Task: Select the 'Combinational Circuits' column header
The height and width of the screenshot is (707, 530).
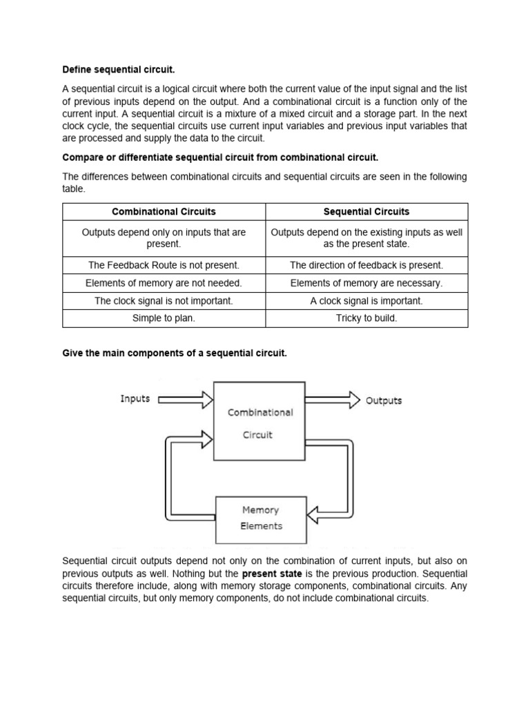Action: click(x=164, y=211)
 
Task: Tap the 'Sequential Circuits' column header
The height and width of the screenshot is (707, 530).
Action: click(x=366, y=211)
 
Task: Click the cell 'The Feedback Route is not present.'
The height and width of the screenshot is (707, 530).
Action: click(x=164, y=265)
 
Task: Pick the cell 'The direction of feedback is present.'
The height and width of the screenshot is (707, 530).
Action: click(x=366, y=265)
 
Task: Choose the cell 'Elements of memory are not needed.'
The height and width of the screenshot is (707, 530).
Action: click(x=164, y=283)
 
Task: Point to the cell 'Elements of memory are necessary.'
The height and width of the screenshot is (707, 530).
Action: click(x=366, y=283)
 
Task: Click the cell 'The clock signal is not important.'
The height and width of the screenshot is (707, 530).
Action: click(x=164, y=301)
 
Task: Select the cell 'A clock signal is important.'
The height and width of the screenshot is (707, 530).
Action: click(x=366, y=301)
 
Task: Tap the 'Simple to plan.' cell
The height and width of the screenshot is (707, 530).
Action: click(x=164, y=318)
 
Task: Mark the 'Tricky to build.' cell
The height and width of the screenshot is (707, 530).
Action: click(x=366, y=318)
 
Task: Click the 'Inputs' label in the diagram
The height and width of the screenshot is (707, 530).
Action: click(x=135, y=399)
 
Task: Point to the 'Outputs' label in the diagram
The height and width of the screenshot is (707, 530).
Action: click(x=383, y=400)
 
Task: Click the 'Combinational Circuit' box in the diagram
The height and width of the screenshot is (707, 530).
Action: click(x=259, y=421)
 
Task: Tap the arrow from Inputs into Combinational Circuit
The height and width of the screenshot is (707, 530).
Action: click(x=186, y=399)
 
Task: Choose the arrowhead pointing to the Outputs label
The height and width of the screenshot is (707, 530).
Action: click(x=353, y=400)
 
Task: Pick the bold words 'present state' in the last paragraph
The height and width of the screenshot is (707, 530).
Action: click(x=272, y=574)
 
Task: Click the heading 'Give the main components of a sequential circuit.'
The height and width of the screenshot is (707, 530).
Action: click(x=174, y=353)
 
